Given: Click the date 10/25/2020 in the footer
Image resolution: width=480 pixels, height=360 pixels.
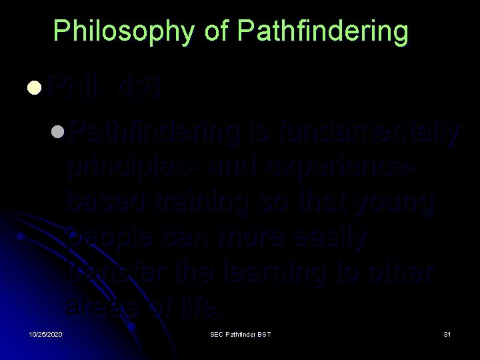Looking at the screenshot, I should tap(45, 333).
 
